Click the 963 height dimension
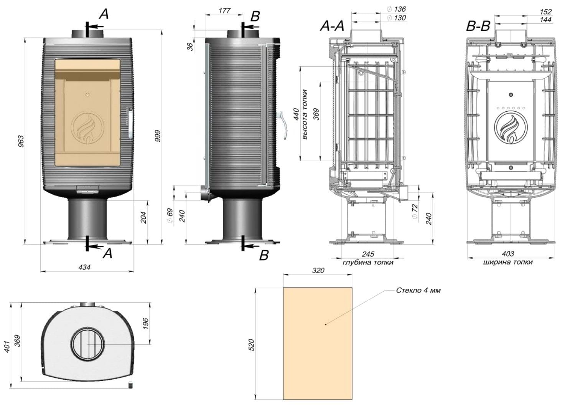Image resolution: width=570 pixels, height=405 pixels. click(x=21, y=141)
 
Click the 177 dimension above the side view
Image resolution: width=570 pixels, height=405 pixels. click(x=224, y=11)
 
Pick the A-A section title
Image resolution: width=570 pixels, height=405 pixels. click(x=333, y=26)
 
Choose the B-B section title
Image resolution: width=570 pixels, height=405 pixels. click(x=478, y=26)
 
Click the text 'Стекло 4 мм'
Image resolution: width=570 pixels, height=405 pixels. click(x=418, y=291)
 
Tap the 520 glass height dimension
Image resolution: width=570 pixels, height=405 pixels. click(x=251, y=345)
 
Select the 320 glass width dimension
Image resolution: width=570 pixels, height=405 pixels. click(x=318, y=270)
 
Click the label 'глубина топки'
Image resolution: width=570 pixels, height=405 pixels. click(x=368, y=263)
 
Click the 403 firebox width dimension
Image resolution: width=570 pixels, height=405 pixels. click(x=507, y=254)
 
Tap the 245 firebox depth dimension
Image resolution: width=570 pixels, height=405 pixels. click(x=367, y=254)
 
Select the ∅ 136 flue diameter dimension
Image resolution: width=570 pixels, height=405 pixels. click(x=397, y=9)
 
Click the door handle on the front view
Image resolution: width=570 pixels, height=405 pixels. click(x=130, y=123)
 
